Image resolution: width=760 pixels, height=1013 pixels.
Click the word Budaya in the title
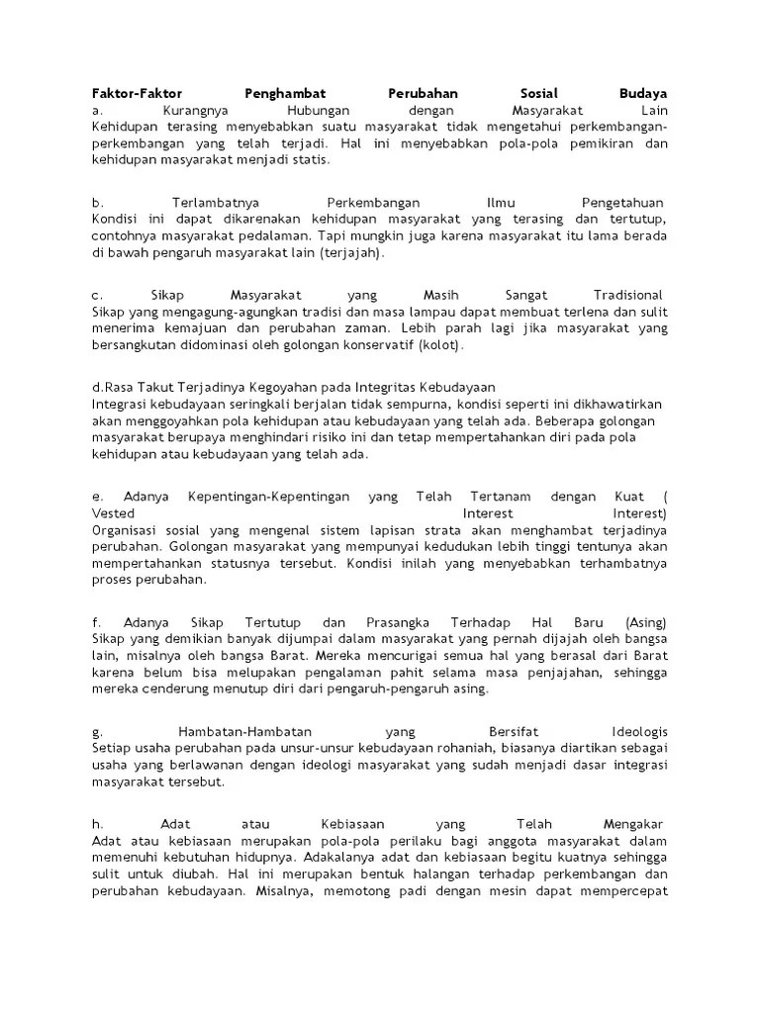point(643,94)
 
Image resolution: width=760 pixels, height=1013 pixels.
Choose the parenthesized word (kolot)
point(437,344)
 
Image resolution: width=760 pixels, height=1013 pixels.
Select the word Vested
point(113,513)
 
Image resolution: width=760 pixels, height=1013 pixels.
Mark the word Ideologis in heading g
point(638,731)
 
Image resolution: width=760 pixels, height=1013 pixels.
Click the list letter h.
point(95,824)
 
